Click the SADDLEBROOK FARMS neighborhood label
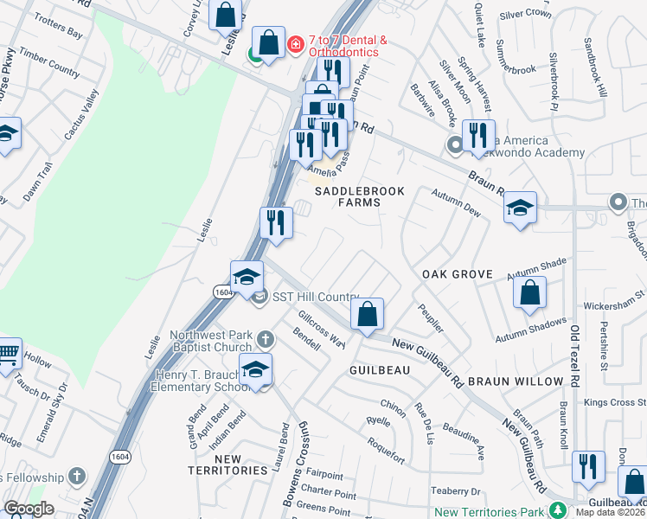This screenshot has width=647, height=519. pos(347,196)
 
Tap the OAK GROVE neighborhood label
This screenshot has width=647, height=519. pos(457,274)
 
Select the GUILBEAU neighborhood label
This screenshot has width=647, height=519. pos(379,369)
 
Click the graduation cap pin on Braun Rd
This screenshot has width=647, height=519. pos(520,208)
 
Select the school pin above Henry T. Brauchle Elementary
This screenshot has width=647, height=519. pos(255,369)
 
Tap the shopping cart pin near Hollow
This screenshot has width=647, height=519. pos(8,353)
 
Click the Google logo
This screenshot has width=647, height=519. pos(29,509)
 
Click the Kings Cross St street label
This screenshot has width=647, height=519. pos(614,403)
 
